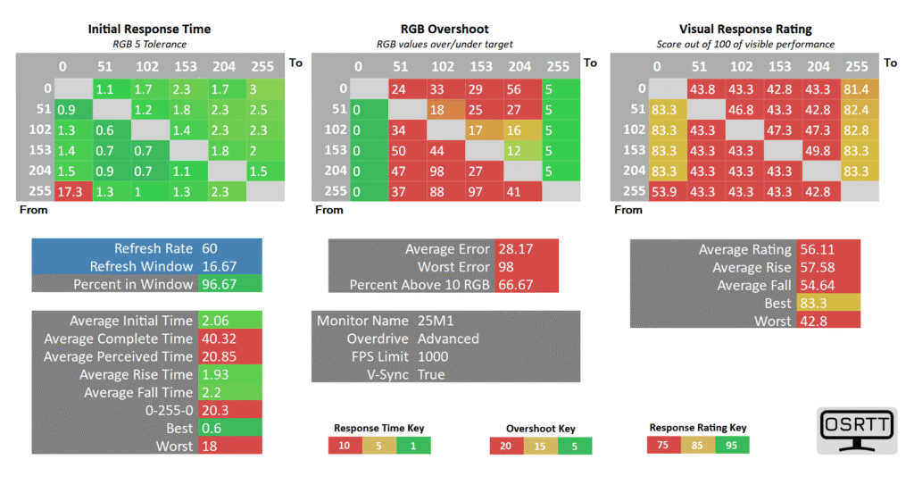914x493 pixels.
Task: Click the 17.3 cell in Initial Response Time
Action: point(73,191)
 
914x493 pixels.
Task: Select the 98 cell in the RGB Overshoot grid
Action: point(446,171)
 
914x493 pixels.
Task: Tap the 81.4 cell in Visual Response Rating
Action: point(860,88)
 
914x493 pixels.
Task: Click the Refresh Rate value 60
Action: point(210,248)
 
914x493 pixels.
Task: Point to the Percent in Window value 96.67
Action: point(220,284)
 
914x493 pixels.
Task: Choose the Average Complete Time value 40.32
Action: point(220,338)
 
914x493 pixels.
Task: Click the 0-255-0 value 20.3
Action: point(215,410)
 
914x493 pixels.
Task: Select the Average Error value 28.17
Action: point(515,249)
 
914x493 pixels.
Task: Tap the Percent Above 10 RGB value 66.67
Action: point(515,285)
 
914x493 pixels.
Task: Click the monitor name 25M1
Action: point(436,321)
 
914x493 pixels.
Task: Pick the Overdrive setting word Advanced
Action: point(448,338)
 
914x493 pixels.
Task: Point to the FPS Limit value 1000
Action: point(433,356)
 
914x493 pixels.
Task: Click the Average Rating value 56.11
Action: point(818,250)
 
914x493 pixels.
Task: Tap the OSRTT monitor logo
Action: point(857,430)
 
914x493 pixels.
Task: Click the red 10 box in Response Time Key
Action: point(345,446)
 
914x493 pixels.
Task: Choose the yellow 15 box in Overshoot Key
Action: point(540,447)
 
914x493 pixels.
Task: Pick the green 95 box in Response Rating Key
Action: point(732,445)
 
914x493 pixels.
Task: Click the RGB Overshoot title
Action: point(445,29)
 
